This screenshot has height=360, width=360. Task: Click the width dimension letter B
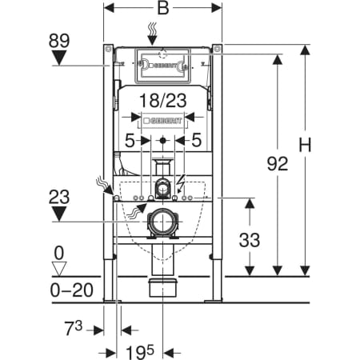[x=163, y=8]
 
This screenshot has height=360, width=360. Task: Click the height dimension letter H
[x=305, y=145]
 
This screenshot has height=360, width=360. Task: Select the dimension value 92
[x=278, y=163]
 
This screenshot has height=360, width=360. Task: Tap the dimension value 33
[x=250, y=240]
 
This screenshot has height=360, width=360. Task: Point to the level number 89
[x=59, y=41]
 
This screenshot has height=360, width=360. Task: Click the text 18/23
[x=163, y=101]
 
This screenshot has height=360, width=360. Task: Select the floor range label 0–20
[x=72, y=290]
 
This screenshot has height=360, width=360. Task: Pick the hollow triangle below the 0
[x=59, y=269]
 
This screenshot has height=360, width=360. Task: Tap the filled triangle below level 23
[x=59, y=214]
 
